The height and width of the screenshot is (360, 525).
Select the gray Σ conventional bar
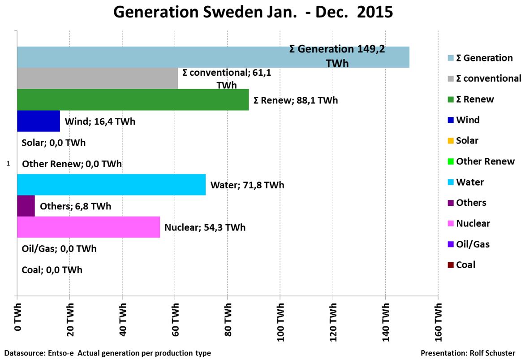point(97,78)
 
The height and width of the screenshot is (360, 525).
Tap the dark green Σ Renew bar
point(133,100)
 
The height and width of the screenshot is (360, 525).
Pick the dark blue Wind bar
point(38,121)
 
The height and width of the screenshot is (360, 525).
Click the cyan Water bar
point(111,185)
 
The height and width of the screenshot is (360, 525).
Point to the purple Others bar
point(26,206)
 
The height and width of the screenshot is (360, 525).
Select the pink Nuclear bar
point(88,227)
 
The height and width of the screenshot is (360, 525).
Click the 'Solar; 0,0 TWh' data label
point(53,143)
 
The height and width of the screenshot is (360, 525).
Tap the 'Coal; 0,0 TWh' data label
point(52,270)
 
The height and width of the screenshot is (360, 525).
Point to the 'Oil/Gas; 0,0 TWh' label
point(59,248)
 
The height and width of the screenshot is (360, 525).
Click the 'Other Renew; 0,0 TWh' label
point(72,164)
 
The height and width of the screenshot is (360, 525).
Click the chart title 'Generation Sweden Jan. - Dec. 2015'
point(253,12)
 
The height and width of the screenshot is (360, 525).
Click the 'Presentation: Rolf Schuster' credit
point(468,353)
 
